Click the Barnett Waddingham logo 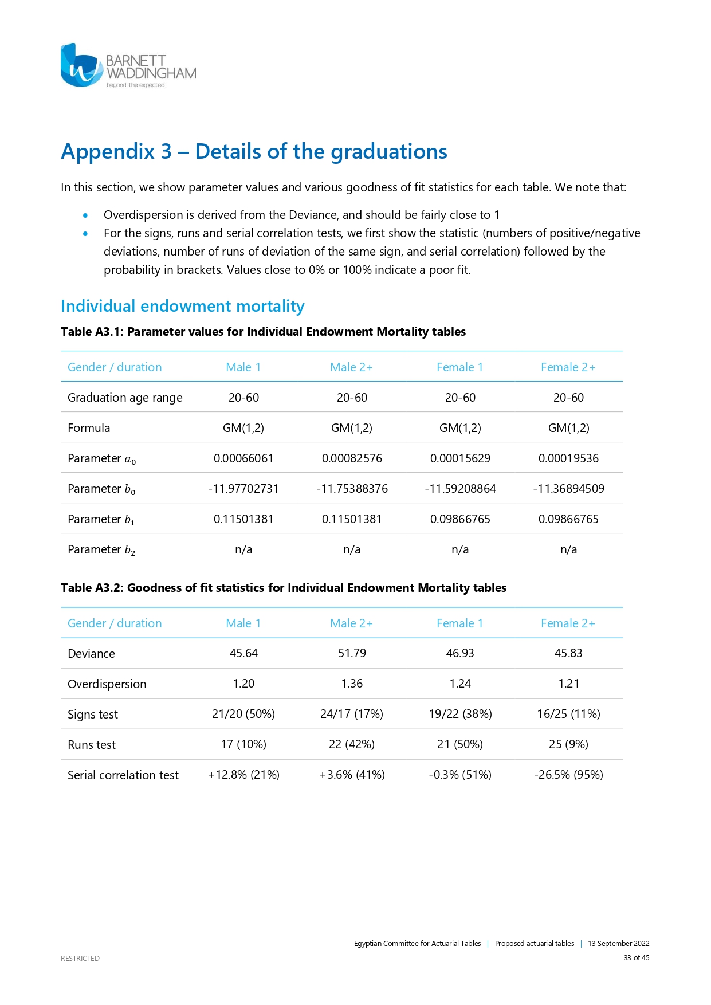coord(128,66)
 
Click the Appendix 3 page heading coord(254,152)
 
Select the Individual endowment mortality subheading coord(182,306)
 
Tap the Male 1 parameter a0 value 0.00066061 coord(243,458)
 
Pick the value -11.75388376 coord(352,489)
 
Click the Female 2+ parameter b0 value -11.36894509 coord(568,489)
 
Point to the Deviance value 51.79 coord(352,653)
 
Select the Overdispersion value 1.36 coord(352,684)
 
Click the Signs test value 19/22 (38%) coord(460,714)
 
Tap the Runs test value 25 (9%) coord(568,744)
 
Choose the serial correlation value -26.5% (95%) coord(568,775)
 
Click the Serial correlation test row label coord(123,775)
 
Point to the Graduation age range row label coord(125,398)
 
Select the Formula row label coord(89,428)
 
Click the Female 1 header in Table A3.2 coord(459,623)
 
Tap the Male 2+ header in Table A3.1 coord(351,367)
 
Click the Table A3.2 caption coord(284,588)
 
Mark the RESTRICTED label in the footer coord(80,958)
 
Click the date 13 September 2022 coord(618,944)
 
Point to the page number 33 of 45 coord(637,958)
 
